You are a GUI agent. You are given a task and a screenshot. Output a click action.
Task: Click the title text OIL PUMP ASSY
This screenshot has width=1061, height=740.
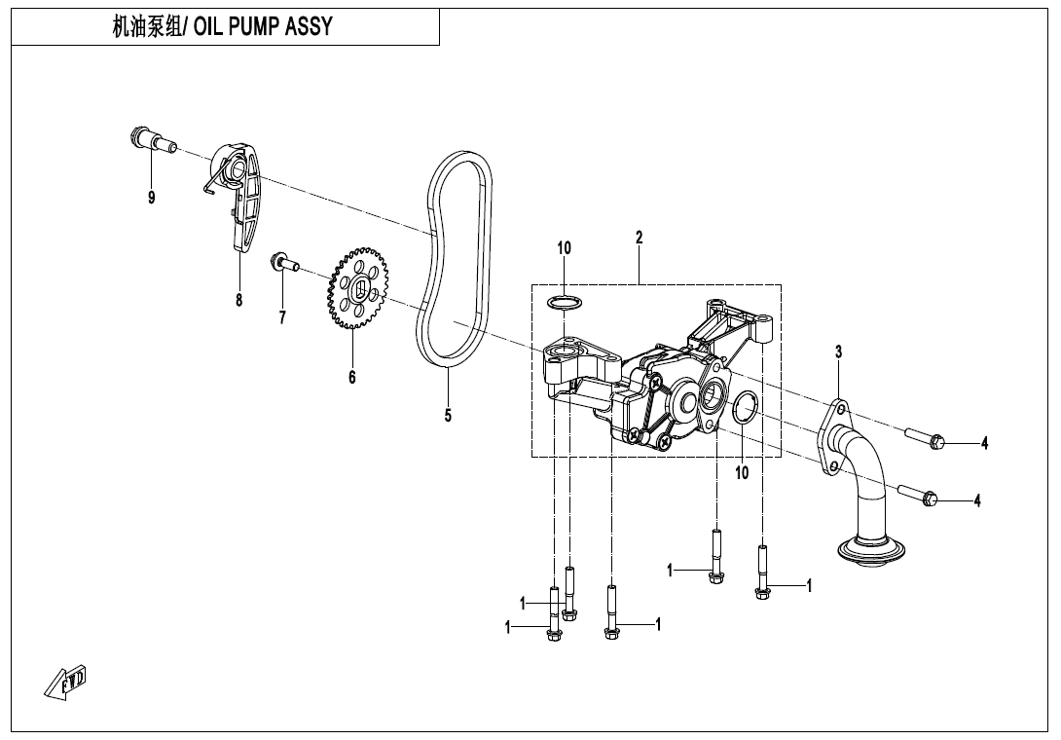point(263,27)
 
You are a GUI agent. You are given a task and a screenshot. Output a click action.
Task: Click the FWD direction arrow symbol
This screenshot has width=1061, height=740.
point(67,683)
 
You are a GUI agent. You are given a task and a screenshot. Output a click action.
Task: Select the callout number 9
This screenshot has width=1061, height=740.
point(151,198)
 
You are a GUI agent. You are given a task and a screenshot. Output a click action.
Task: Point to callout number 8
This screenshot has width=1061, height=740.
point(238,300)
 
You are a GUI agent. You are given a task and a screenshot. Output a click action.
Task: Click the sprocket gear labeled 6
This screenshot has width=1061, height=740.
point(358,289)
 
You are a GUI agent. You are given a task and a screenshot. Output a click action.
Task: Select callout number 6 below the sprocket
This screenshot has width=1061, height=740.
point(352,377)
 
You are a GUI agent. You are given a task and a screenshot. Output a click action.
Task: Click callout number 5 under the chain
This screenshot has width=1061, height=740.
point(448,416)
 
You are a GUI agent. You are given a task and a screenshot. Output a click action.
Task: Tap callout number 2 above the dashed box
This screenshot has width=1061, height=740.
point(639,237)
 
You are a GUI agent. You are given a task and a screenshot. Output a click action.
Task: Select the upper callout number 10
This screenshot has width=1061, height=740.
point(565,248)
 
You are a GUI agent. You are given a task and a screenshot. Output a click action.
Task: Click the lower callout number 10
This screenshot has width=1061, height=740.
point(742,473)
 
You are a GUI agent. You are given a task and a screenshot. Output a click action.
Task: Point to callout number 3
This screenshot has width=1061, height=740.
point(838,351)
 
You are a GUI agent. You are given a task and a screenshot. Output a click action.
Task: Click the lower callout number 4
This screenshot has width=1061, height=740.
point(977,500)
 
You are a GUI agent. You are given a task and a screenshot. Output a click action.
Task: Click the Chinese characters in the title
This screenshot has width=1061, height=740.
point(146,27)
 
